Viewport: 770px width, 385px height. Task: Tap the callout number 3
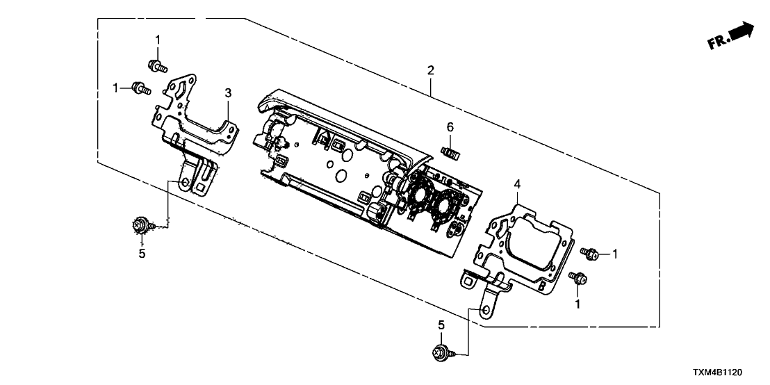pyautogui.click(x=227, y=92)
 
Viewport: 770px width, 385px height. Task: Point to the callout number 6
pyautogui.click(x=450, y=126)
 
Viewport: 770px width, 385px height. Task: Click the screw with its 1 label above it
pyautogui.click(x=158, y=67)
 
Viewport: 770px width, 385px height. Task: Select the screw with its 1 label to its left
pyautogui.click(x=142, y=88)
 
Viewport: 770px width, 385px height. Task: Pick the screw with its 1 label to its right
pyautogui.click(x=592, y=255)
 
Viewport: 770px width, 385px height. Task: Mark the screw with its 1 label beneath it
pyautogui.click(x=577, y=279)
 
